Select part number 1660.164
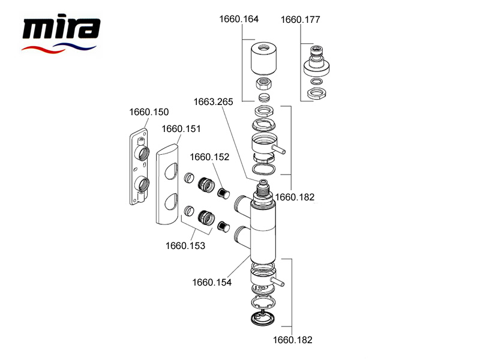point(239,19)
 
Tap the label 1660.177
point(301,20)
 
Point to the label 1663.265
point(213,101)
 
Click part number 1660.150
point(149,112)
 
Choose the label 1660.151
point(181,128)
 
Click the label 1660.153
point(185,245)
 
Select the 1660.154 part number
point(212,281)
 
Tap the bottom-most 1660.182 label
point(293,340)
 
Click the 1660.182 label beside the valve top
point(295,196)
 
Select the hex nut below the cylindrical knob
point(264,84)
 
